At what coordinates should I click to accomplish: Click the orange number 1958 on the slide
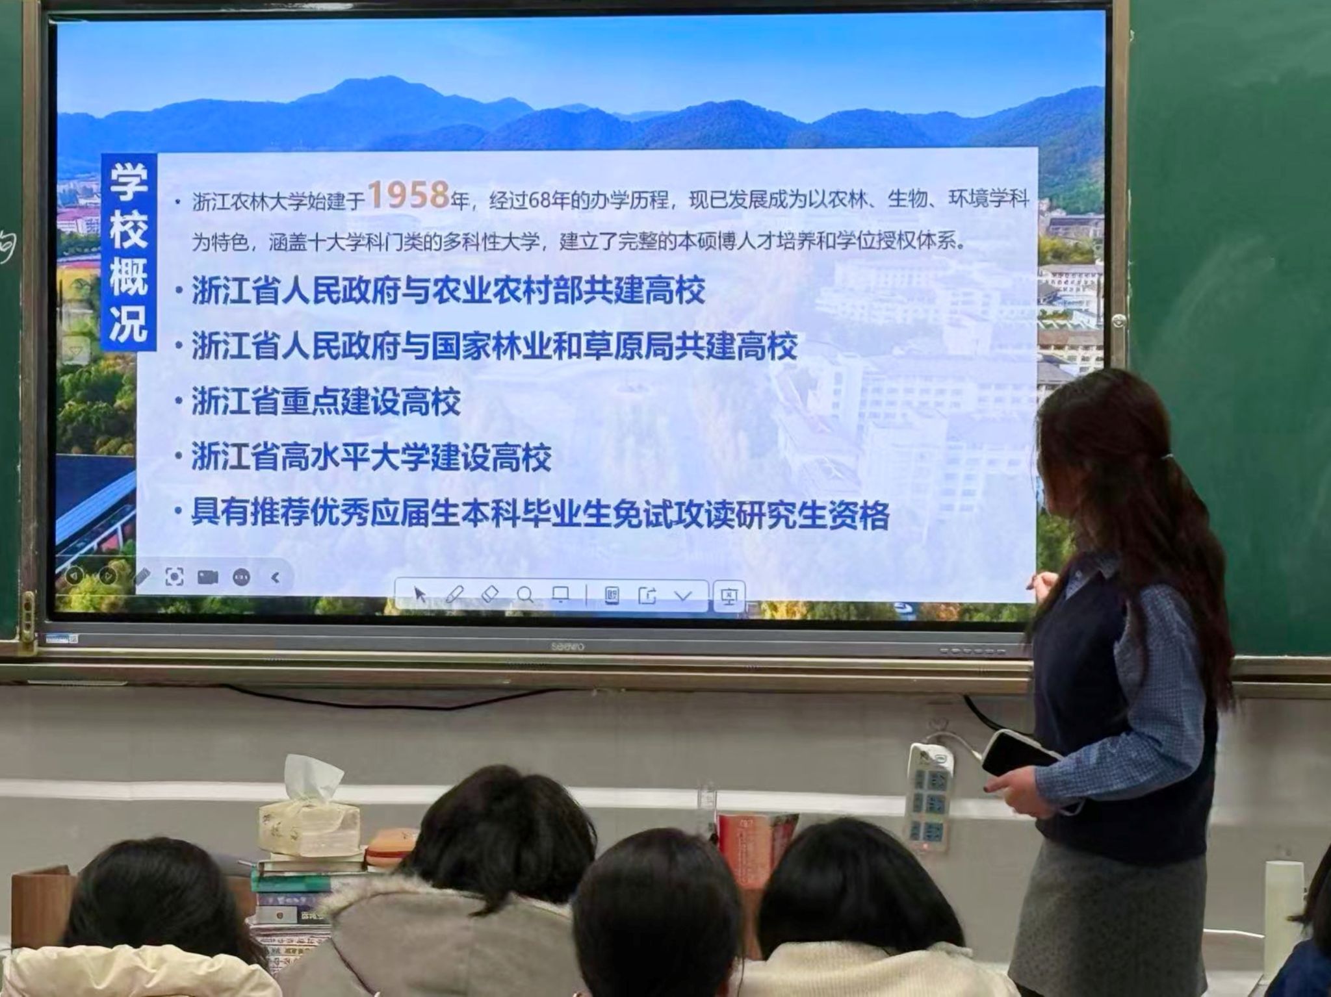click(x=409, y=195)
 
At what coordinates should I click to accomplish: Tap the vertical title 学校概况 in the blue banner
click(x=128, y=252)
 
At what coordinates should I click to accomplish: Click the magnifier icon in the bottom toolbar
click(x=524, y=594)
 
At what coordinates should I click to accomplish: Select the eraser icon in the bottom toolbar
click(x=489, y=594)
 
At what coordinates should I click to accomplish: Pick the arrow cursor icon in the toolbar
click(x=420, y=594)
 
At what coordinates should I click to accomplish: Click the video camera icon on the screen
click(x=207, y=577)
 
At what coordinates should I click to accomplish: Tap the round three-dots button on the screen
click(x=241, y=577)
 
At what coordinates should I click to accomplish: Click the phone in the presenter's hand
click(x=1017, y=753)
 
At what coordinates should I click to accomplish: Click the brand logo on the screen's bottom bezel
click(x=567, y=646)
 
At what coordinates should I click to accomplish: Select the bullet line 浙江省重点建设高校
click(x=326, y=402)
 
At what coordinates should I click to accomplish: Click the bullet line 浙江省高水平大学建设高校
click(x=371, y=457)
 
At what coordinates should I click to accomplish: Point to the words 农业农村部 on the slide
click(x=508, y=290)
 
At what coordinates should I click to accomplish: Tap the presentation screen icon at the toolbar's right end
click(x=729, y=596)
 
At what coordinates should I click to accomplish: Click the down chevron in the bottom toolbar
click(x=683, y=595)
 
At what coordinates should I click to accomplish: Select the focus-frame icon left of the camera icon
click(x=174, y=577)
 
